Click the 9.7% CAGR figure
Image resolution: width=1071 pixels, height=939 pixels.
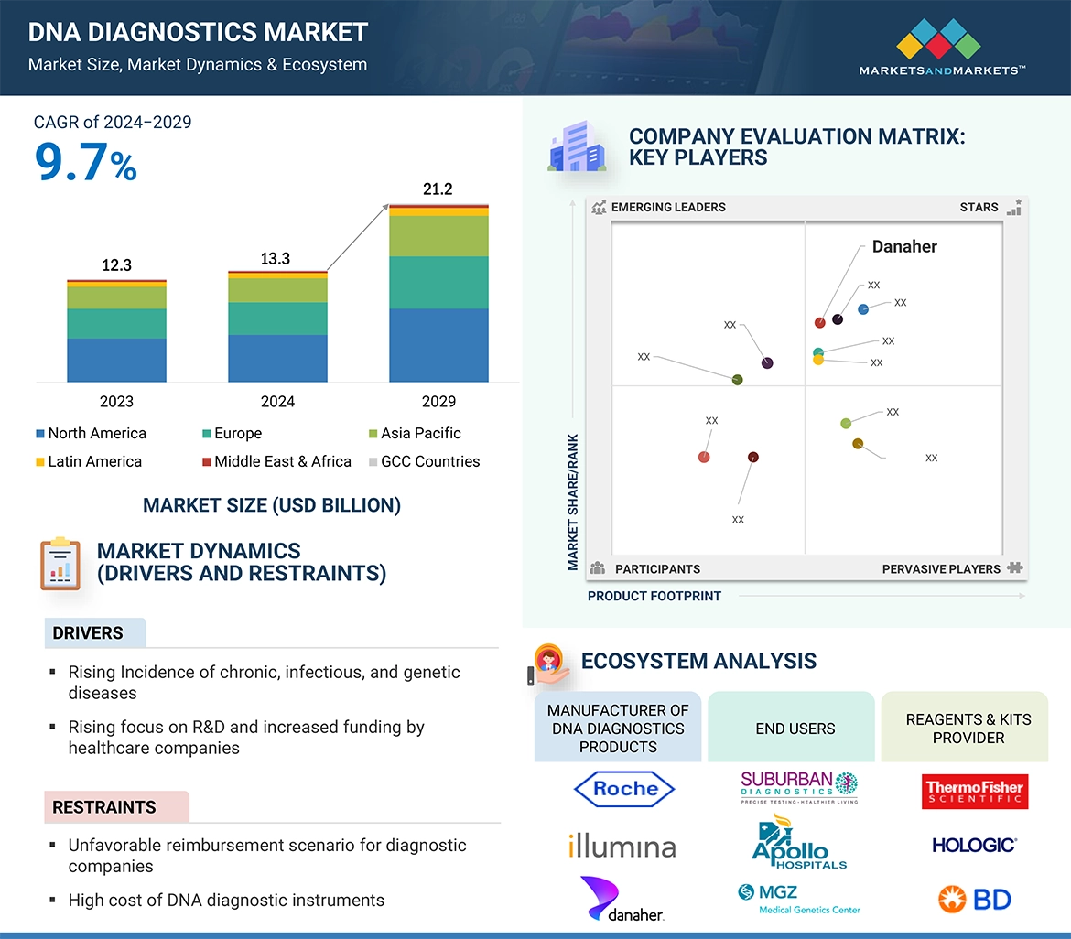[85, 162]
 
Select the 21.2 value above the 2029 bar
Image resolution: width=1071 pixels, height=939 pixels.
[438, 189]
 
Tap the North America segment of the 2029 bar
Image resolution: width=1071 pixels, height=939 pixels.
[438, 345]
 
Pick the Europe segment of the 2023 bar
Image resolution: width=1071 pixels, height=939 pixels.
[116, 323]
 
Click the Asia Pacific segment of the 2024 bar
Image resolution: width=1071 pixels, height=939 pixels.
[277, 290]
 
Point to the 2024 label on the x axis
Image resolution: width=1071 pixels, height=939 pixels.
[277, 401]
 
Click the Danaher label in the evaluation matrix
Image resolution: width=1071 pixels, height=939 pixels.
[904, 247]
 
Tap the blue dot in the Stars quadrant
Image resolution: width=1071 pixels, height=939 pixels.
[863, 309]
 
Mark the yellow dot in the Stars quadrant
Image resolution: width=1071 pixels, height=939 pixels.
[818, 360]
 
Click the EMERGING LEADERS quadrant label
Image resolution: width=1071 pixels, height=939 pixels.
[667, 207]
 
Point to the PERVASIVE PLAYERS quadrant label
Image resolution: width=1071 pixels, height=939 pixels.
[941, 569]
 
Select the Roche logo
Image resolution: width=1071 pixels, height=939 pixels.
[624, 789]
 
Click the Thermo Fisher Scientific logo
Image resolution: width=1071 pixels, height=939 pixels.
[975, 792]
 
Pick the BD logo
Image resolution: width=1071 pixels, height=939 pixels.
[974, 900]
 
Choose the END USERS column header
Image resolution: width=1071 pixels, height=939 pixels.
[795, 729]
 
